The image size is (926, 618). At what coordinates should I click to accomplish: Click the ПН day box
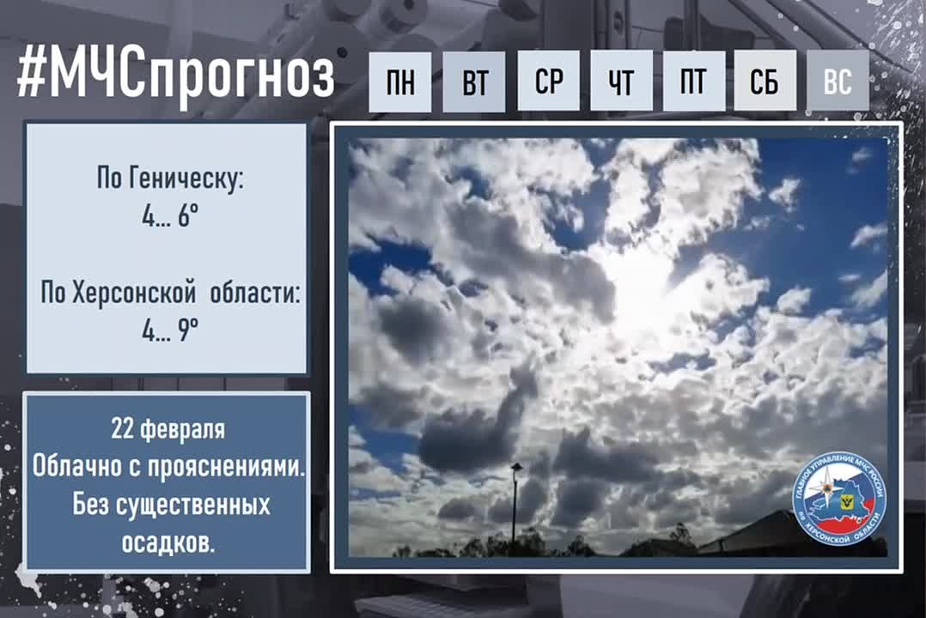tap(399, 82)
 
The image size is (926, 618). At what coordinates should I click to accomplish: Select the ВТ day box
tap(474, 82)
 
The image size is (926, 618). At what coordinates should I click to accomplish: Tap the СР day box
tap(548, 82)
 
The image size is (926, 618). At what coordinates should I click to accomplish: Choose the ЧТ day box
tap(620, 82)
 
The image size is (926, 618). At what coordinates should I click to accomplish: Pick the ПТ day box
tap(693, 82)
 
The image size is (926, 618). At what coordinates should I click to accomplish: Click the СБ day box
tap(765, 82)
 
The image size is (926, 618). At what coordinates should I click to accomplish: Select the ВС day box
tap(838, 82)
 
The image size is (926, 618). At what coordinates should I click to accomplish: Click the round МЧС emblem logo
tap(838, 498)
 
